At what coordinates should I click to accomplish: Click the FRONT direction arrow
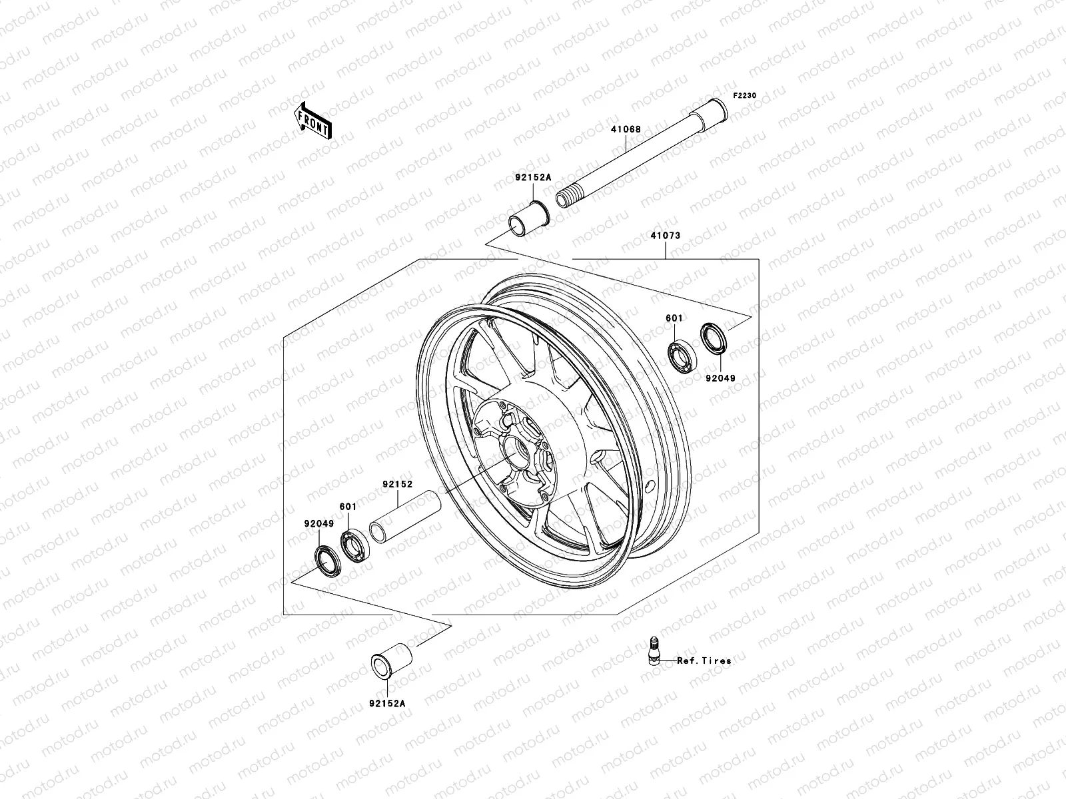323,121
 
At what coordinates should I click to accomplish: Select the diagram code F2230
745,96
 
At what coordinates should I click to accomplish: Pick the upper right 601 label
674,319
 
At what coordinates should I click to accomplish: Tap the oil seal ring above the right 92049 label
714,338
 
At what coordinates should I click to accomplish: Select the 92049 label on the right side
721,378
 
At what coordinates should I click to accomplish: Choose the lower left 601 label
348,507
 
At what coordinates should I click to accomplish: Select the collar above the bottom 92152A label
391,659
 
